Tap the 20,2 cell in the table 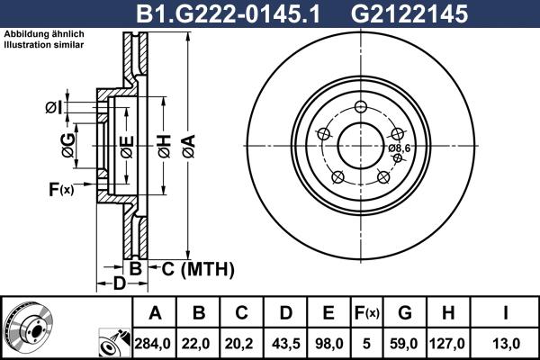(242, 342)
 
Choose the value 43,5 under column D (285, 342)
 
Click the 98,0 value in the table (328, 342)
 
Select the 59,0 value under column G (404, 342)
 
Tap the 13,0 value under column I (504, 342)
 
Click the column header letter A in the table (155, 313)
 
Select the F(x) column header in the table (366, 313)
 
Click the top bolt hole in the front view (361, 107)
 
